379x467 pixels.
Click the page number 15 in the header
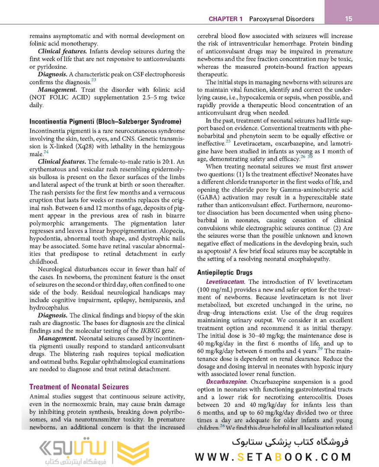point(349,19)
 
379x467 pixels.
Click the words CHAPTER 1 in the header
point(225,19)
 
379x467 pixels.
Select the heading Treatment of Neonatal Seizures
point(79,387)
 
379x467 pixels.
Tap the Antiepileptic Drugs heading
point(225,273)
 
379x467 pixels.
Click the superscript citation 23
point(93,80)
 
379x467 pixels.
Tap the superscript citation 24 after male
point(46,152)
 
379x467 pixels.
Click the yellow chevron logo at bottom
point(133,452)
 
